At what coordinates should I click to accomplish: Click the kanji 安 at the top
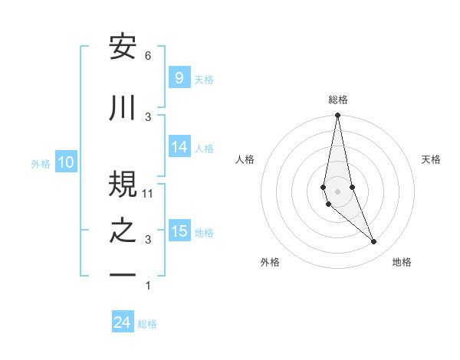click(123, 47)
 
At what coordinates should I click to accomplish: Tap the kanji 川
click(123, 109)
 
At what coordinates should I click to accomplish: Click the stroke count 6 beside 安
click(148, 56)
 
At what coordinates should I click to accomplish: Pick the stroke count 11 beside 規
click(148, 193)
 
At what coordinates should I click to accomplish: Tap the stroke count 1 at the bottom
click(148, 286)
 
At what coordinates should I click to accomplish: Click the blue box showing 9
click(179, 78)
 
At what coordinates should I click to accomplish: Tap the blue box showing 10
click(66, 162)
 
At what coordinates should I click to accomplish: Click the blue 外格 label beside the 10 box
click(41, 163)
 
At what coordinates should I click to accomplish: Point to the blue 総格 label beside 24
click(147, 324)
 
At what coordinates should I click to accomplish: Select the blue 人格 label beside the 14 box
click(204, 148)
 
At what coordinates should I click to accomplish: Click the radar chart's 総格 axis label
click(338, 100)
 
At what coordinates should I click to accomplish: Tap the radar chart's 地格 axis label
click(402, 262)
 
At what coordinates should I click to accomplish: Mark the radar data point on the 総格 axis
click(337, 116)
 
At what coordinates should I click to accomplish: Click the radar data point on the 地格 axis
click(374, 241)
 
